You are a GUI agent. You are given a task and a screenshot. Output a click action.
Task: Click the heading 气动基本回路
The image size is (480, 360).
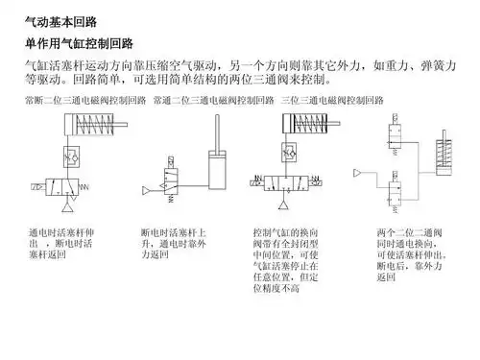tap(60, 20)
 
